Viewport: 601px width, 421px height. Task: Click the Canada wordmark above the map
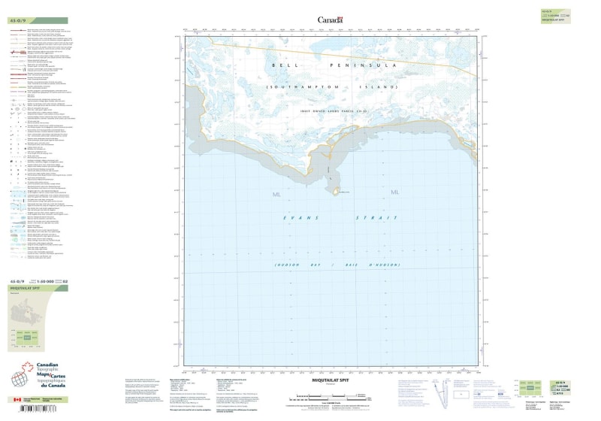[330, 20]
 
